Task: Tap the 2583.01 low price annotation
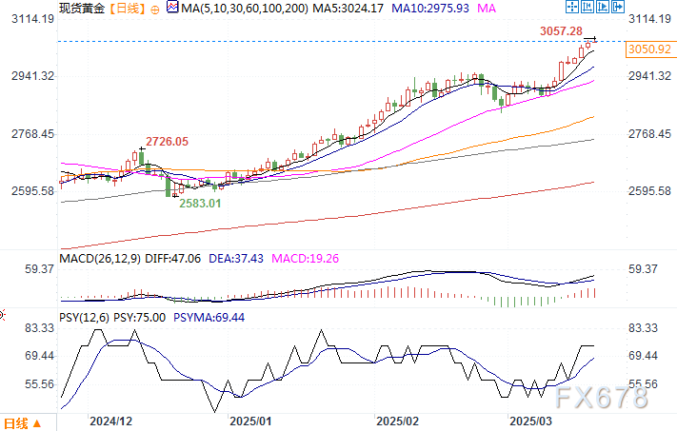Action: pos(201,203)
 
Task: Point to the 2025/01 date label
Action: pos(251,420)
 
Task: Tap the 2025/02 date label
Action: pos(398,420)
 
